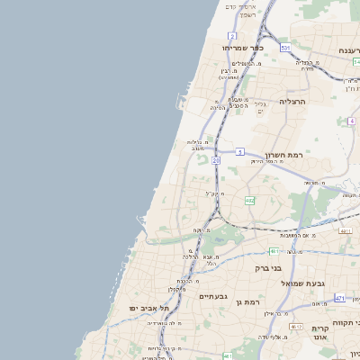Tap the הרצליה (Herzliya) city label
292,102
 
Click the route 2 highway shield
232,36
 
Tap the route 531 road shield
285,47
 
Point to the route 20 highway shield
215,159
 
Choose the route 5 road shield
240,152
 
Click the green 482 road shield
249,201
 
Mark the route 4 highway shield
351,121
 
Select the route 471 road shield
338,297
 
